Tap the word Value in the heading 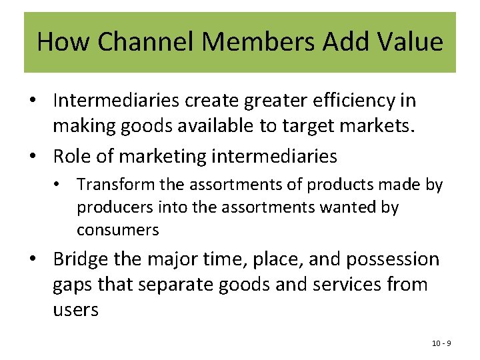pyautogui.click(x=411, y=42)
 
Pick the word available pyautogui.click(x=225, y=125)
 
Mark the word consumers pyautogui.click(x=118, y=230)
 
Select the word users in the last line pyautogui.click(x=75, y=309)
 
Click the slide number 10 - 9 pyautogui.click(x=441, y=343)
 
